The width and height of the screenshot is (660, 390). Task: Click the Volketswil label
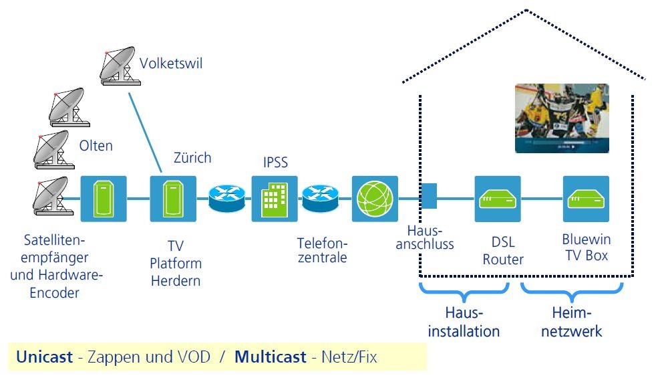[x=170, y=64]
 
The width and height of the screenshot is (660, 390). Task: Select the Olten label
[x=96, y=146]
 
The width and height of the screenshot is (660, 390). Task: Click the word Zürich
[x=192, y=159]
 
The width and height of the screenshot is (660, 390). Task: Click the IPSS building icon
[x=274, y=199]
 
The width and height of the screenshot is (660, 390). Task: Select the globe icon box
[x=375, y=199]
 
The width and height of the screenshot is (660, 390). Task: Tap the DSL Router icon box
[x=498, y=199]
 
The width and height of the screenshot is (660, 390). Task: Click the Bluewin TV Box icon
[x=586, y=199]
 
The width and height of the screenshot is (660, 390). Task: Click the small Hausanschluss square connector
[x=429, y=198]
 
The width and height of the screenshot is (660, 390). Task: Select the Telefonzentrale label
[x=323, y=250]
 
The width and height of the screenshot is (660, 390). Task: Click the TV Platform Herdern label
[x=176, y=264]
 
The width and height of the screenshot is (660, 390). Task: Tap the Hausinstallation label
[x=464, y=322]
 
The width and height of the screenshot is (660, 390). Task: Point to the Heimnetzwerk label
[x=572, y=322]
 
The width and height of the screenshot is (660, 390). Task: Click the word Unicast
[x=44, y=357]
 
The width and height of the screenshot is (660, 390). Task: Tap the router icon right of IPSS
[x=320, y=199]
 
